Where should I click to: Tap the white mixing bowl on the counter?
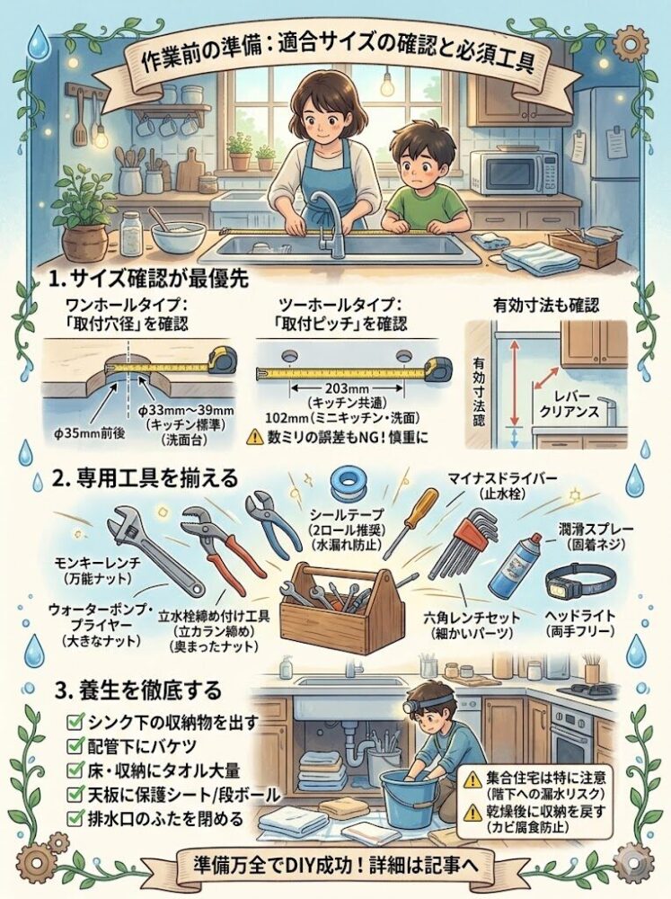[178, 236]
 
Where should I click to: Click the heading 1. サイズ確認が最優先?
[148, 280]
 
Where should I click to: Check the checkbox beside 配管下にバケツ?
[74, 745]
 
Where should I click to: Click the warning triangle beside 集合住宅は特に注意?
[472, 779]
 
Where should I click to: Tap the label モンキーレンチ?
[96, 563]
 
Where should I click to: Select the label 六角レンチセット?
[472, 618]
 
